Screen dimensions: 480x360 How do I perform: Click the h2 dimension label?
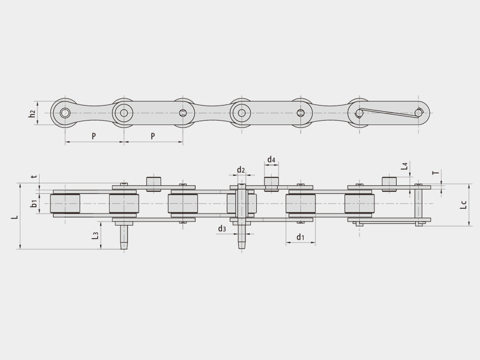(32, 113)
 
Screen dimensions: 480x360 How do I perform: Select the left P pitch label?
(94, 136)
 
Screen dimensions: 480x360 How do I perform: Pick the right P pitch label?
(153, 136)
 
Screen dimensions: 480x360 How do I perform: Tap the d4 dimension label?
(272, 159)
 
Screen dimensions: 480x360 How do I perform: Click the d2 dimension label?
(241, 170)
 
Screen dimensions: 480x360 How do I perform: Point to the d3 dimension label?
(222, 229)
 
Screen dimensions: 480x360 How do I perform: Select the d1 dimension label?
(301, 237)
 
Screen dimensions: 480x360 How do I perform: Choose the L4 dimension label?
(404, 167)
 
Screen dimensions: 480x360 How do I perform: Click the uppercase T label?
(437, 173)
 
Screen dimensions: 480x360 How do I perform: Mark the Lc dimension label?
(464, 205)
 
